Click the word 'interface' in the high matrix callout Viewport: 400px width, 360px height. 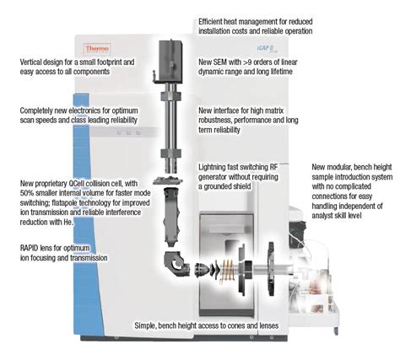coord(231,110)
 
